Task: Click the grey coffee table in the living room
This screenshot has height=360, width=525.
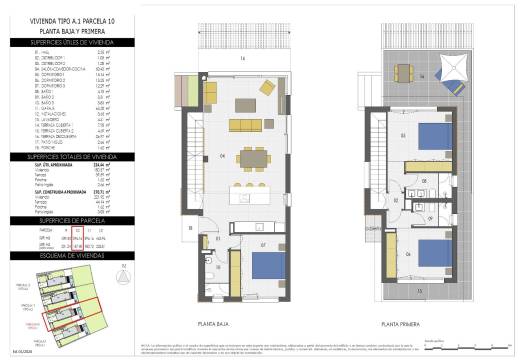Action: pyautogui.click(x=247, y=104)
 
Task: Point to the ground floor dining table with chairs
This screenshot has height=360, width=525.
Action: pyautogui.click(x=251, y=156)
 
